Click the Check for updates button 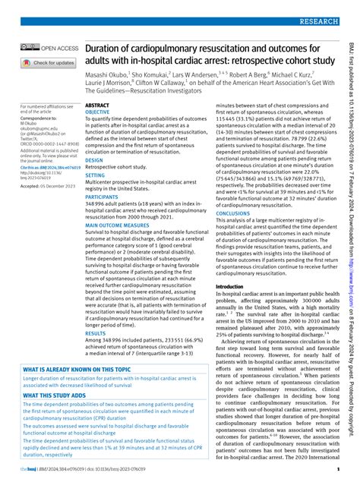pos(49,63)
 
